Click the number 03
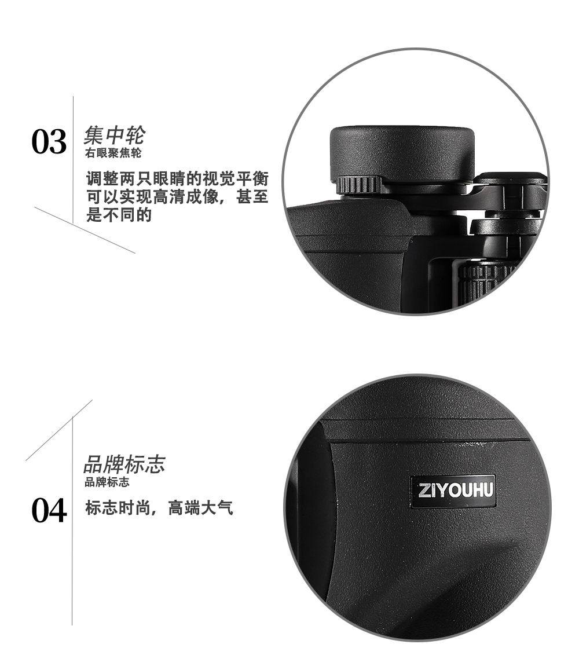pyautogui.click(x=49, y=142)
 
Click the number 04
pyautogui.click(x=49, y=511)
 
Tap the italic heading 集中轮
pyautogui.click(x=113, y=136)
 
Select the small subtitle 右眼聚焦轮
pyautogui.click(x=113, y=154)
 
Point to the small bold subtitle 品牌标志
pyautogui.click(x=107, y=482)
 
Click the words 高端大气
pyautogui.click(x=200, y=510)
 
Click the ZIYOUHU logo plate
pyautogui.click(x=453, y=492)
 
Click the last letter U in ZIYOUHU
pyautogui.click(x=487, y=492)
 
